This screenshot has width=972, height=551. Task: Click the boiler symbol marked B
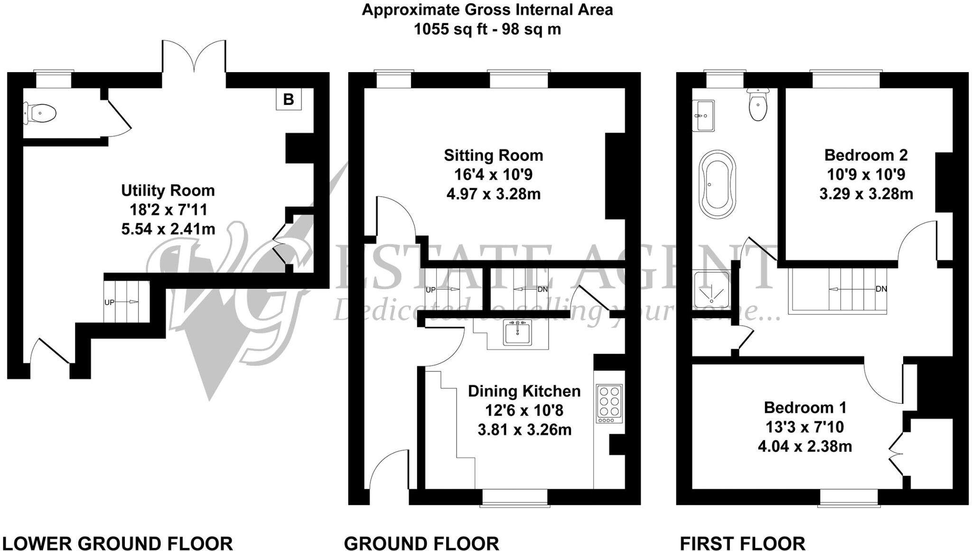point(289,100)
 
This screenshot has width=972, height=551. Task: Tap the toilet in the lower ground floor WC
point(41,114)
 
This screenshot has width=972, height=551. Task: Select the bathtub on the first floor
point(717,184)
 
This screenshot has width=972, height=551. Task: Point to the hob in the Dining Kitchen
point(609,404)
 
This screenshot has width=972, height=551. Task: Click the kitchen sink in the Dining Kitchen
point(517,333)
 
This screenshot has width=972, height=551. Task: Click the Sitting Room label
point(493,155)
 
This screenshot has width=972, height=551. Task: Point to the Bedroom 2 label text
point(866,155)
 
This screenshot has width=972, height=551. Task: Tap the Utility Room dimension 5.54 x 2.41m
point(168,229)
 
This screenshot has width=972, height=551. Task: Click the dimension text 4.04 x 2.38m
point(804,446)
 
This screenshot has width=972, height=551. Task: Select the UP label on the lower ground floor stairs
point(109,302)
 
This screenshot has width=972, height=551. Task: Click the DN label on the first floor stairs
point(881,289)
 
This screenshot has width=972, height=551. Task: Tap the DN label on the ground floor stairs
point(542,289)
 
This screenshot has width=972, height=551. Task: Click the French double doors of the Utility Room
point(194,57)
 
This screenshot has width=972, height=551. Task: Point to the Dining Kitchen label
point(524,391)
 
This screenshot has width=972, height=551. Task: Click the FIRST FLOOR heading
point(742,543)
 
